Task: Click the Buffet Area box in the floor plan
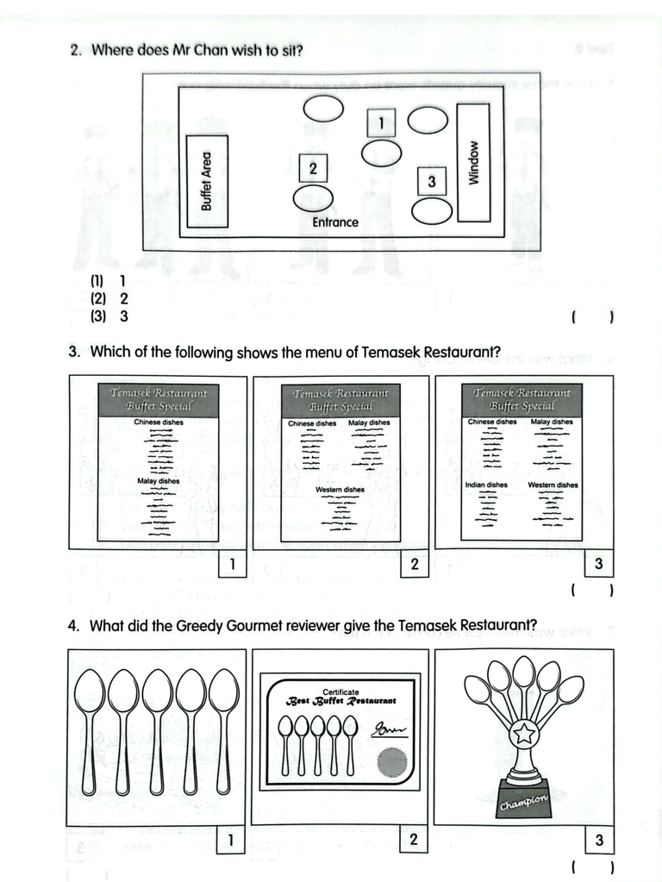point(207,181)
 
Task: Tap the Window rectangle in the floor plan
point(472,162)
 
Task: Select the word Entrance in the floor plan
point(335,222)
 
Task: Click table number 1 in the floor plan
point(380,122)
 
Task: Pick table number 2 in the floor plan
point(313,167)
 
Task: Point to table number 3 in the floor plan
point(432,181)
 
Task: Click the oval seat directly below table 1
point(381,153)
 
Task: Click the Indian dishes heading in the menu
point(486,485)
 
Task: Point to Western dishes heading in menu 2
point(340,490)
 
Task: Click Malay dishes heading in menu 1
point(158,481)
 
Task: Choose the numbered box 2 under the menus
point(415,565)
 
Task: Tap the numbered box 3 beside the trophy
point(599,840)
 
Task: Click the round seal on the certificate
point(392,761)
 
